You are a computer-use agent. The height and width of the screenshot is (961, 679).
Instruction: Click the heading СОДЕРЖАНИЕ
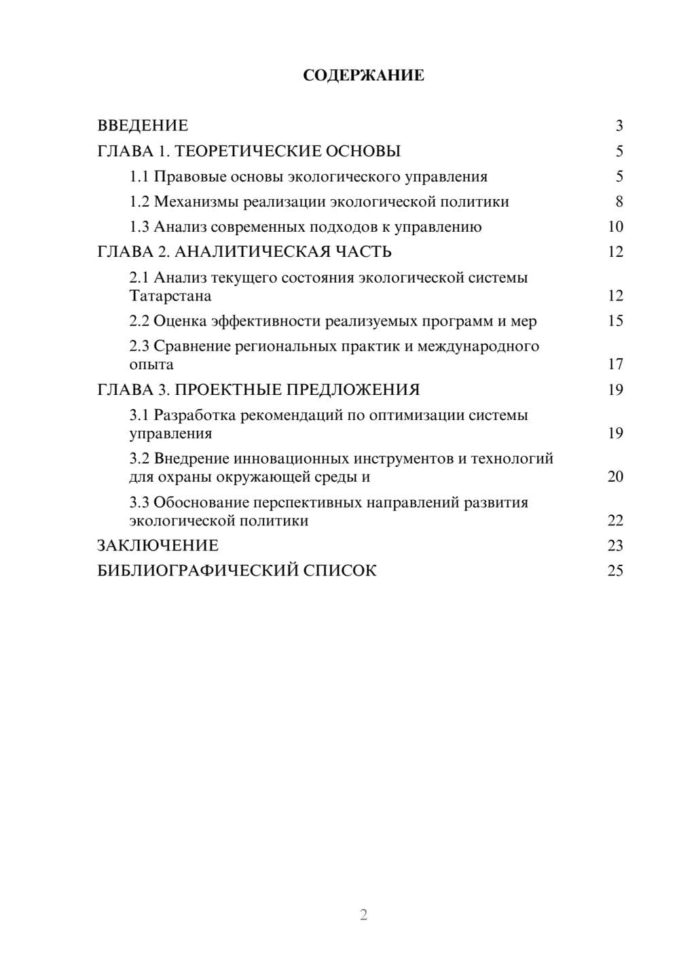pyautogui.click(x=363, y=75)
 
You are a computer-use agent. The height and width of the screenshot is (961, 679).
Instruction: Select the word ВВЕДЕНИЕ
pyautogui.click(x=143, y=126)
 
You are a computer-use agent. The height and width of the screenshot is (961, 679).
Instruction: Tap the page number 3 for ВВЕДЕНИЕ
pyautogui.click(x=619, y=126)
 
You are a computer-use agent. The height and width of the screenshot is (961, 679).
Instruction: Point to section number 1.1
pyautogui.click(x=139, y=177)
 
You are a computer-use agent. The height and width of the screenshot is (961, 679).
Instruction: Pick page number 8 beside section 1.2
pyautogui.click(x=619, y=202)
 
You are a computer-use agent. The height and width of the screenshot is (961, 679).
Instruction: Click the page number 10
pyautogui.click(x=615, y=227)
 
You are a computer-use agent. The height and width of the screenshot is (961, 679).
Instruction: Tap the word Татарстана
pyautogui.click(x=170, y=296)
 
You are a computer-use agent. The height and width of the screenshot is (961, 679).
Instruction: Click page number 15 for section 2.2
pyautogui.click(x=615, y=321)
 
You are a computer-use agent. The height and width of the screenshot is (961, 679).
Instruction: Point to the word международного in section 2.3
pyautogui.click(x=478, y=347)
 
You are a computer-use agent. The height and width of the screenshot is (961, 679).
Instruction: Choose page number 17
pyautogui.click(x=615, y=364)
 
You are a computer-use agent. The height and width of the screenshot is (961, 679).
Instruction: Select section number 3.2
pyautogui.click(x=139, y=459)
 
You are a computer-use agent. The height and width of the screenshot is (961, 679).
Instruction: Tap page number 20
pyautogui.click(x=615, y=476)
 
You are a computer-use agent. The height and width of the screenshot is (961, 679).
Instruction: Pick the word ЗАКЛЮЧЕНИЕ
pyautogui.click(x=158, y=546)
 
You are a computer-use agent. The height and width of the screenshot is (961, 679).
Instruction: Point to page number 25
pyautogui.click(x=615, y=571)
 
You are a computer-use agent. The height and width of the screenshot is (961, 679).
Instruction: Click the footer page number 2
pyautogui.click(x=363, y=915)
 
